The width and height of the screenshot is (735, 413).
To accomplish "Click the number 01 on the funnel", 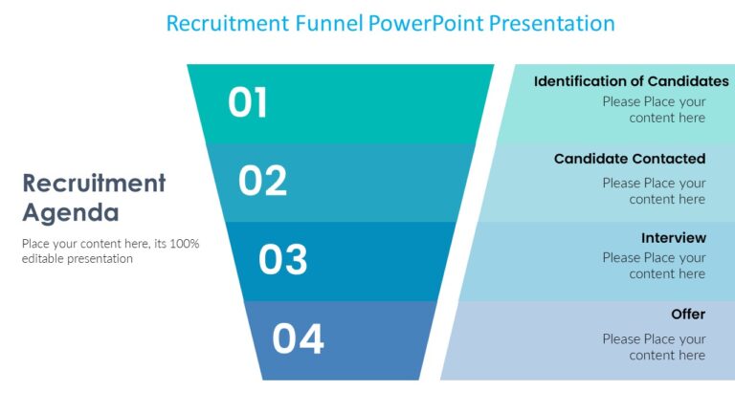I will [x=248, y=103].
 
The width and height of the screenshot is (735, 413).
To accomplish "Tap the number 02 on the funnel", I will [x=262, y=181].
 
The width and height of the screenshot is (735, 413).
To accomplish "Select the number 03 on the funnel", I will [x=283, y=260].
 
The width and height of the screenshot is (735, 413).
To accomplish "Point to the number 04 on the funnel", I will [x=298, y=339].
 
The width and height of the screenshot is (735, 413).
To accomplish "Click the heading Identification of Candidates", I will [x=631, y=81].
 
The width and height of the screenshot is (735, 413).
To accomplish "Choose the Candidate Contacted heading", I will [x=630, y=159].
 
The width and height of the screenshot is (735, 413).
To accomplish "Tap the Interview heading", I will [x=674, y=237].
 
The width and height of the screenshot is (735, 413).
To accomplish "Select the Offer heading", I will [x=688, y=315].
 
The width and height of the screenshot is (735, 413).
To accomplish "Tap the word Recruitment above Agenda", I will [x=94, y=183].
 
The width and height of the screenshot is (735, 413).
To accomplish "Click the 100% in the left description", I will [x=184, y=244].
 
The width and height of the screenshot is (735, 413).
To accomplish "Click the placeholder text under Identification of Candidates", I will [x=654, y=110].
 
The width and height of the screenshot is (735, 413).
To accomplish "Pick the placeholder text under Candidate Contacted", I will [x=654, y=191].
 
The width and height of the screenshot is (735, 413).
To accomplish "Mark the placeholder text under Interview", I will [x=654, y=266].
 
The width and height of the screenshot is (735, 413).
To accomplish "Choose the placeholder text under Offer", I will [x=654, y=347].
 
